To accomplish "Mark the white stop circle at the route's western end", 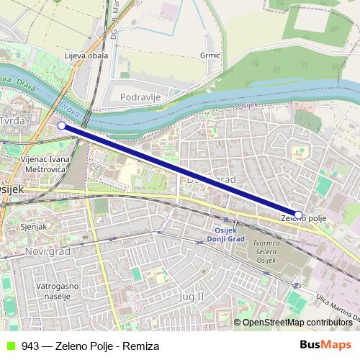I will tap(61, 125).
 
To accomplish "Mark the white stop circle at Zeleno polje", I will tap(298, 214).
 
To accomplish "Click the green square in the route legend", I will tap(9, 346).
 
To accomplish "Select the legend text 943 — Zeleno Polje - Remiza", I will tap(90, 346).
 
